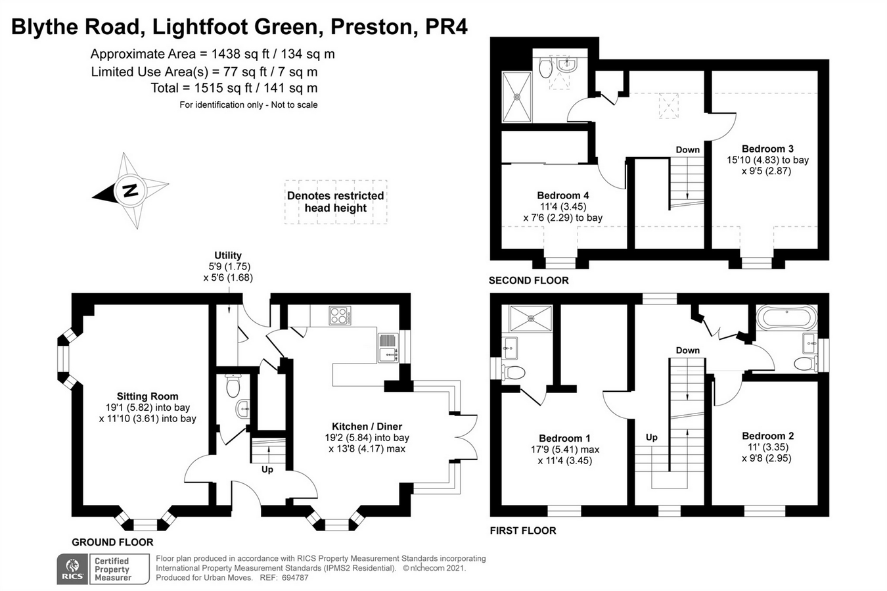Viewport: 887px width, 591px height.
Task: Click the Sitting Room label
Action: (147, 396)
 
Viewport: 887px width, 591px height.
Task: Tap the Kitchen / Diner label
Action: (367, 426)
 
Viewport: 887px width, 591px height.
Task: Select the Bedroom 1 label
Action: (564, 438)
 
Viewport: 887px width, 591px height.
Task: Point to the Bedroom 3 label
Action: (767, 149)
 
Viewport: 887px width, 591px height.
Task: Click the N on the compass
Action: (130, 191)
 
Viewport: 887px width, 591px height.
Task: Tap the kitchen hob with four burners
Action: (340, 316)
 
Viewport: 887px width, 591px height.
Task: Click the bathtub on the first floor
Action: (786, 318)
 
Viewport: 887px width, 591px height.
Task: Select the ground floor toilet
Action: (233, 385)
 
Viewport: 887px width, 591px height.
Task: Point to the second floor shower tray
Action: (516, 97)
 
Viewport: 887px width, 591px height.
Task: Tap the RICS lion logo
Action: (72, 569)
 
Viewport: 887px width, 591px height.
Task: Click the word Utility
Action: (228, 255)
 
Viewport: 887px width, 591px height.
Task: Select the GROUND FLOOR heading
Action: (112, 542)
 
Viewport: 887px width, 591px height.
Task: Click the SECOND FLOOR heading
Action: (529, 281)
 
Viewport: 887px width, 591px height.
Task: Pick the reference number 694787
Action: (294, 578)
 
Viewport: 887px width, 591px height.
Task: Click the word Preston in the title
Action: (373, 28)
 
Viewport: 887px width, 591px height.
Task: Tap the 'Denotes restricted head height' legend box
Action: (336, 202)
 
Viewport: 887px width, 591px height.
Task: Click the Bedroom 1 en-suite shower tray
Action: (531, 318)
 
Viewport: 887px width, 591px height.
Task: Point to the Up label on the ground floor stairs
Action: (267, 469)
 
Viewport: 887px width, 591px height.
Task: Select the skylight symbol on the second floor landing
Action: (669, 105)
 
